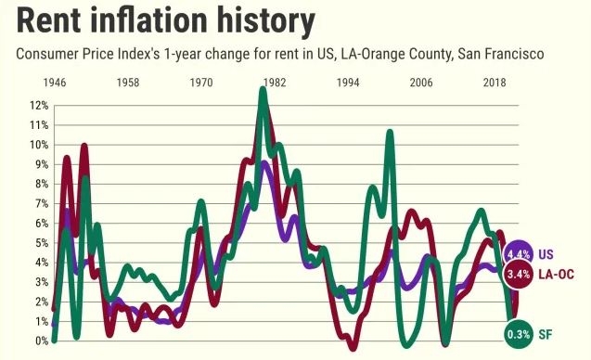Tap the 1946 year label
pyautogui.click(x=55, y=83)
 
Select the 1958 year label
pyautogui.click(x=128, y=83)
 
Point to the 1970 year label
pyautogui.click(x=201, y=83)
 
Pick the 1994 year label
pyautogui.click(x=348, y=83)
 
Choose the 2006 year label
pyautogui.click(x=421, y=83)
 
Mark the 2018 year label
pyautogui.click(x=495, y=83)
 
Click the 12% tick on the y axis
pyautogui.click(x=39, y=106)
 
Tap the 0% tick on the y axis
pyautogui.click(x=42, y=341)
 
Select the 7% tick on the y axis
pyautogui.click(x=42, y=204)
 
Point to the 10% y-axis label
pyautogui.click(x=39, y=145)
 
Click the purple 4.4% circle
pyautogui.click(x=519, y=254)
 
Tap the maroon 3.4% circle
pyautogui.click(x=519, y=274)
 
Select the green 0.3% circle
pyautogui.click(x=519, y=334)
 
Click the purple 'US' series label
pyautogui.click(x=546, y=254)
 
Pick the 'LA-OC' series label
pyautogui.click(x=556, y=275)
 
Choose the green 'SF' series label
pyautogui.click(x=545, y=334)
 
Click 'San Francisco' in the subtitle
pyautogui.click(x=501, y=54)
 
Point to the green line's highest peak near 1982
pyautogui.click(x=263, y=90)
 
